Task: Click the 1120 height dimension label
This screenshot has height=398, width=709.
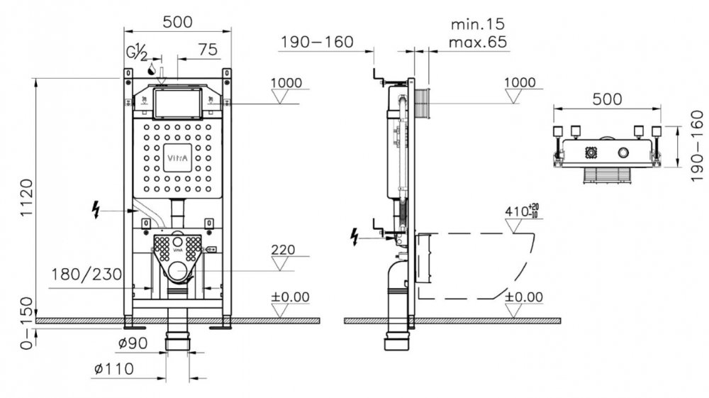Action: [x=27, y=197]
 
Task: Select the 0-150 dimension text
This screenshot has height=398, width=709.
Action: [x=27, y=324]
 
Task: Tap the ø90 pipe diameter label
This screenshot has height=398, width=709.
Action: [x=133, y=343]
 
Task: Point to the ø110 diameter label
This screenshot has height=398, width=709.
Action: [x=114, y=369]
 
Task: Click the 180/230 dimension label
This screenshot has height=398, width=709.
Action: [x=86, y=275]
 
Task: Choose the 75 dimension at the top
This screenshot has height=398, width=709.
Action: [x=208, y=49]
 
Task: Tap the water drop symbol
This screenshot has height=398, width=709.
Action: [x=152, y=69]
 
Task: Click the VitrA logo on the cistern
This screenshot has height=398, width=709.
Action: [x=177, y=158]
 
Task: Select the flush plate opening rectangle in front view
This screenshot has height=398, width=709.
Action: [x=177, y=102]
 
